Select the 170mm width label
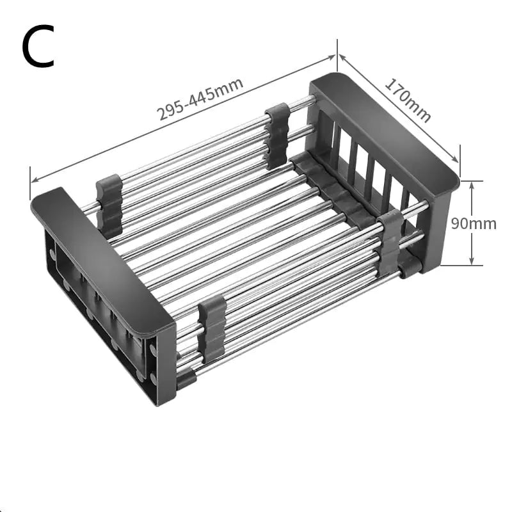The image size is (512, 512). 408,100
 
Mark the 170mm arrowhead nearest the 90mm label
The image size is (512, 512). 457,160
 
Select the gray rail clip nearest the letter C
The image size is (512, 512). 109,204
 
